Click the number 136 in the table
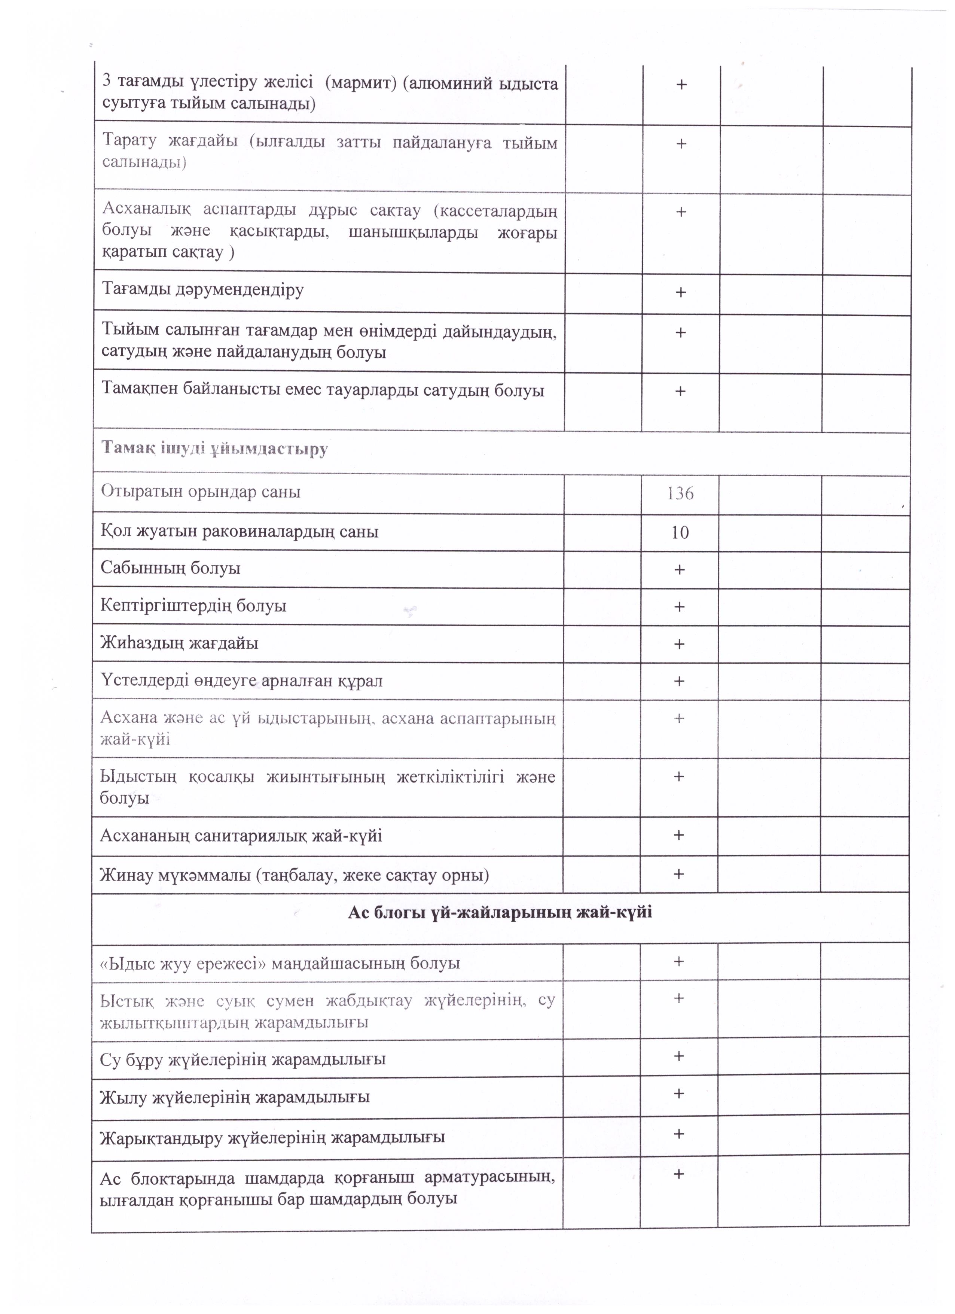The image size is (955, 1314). (680, 494)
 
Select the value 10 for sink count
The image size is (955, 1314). (680, 532)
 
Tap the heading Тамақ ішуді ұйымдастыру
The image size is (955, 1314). (214, 448)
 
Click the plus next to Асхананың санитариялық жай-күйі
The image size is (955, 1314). (679, 835)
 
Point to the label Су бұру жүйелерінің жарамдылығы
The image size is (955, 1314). (242, 1059)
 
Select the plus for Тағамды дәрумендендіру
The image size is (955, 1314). (680, 292)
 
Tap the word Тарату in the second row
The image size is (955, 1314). (127, 142)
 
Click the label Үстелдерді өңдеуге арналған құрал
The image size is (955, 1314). (241, 680)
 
